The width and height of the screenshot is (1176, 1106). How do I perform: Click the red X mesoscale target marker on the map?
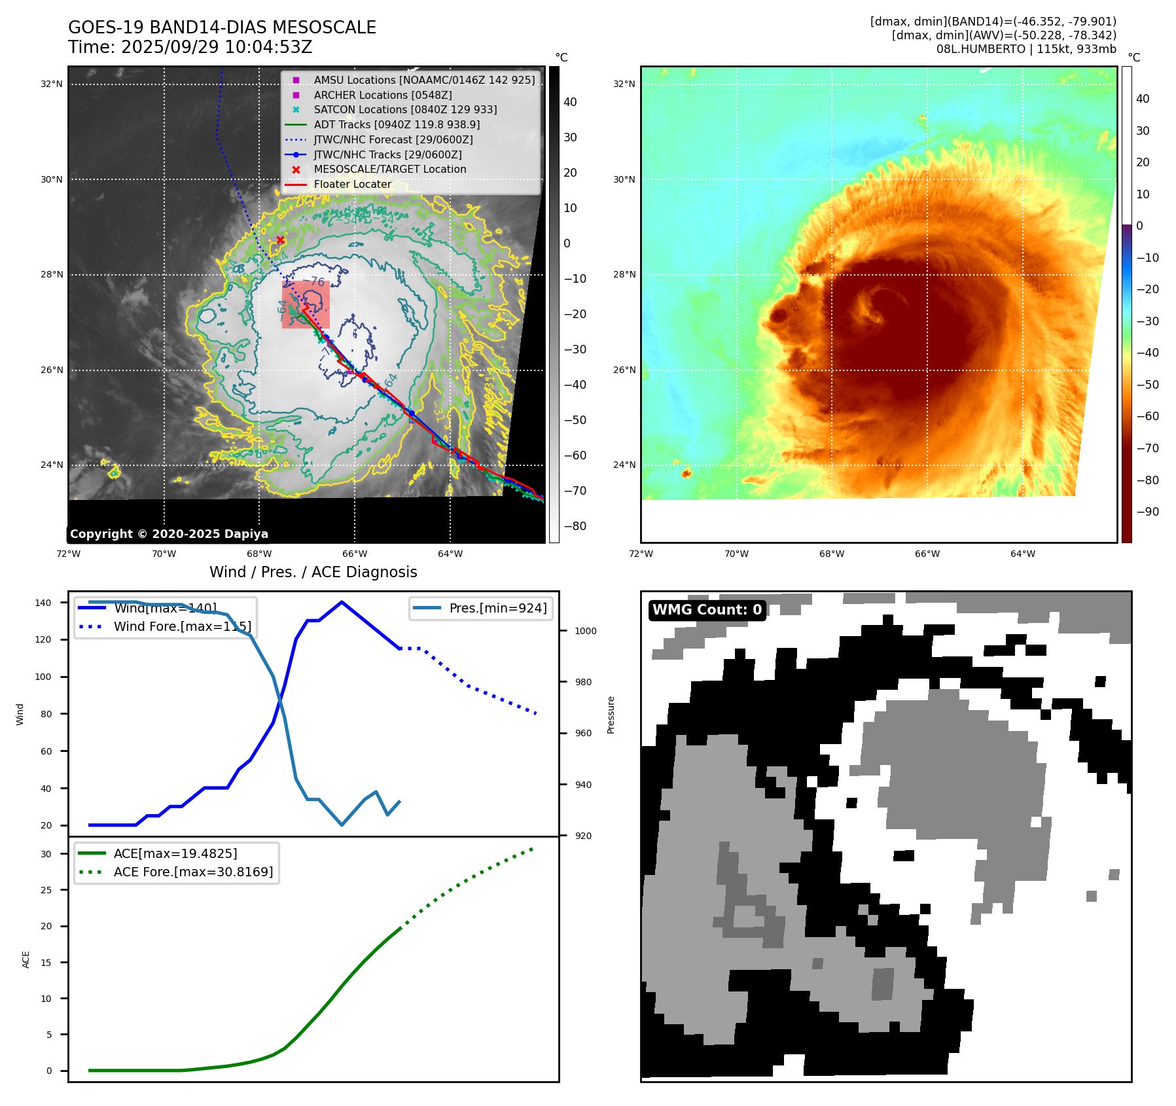(280, 240)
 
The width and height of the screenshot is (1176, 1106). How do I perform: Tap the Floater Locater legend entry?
(352, 184)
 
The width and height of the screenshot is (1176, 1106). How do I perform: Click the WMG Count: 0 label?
(707, 610)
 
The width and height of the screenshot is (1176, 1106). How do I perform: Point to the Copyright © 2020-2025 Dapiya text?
(169, 534)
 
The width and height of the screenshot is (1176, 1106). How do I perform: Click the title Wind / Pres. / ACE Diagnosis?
(313, 572)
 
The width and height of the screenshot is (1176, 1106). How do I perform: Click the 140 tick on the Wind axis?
(43, 603)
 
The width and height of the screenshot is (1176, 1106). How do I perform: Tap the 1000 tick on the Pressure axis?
(586, 631)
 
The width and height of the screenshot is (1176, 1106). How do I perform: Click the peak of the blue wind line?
(342, 602)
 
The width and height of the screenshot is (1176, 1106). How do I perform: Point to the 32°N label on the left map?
(52, 84)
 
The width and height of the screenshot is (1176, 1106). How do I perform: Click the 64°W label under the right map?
(1023, 554)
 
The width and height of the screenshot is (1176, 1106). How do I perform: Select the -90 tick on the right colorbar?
(1147, 512)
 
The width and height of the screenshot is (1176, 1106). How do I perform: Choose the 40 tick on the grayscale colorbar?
(570, 102)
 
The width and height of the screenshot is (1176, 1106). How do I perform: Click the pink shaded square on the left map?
(306, 305)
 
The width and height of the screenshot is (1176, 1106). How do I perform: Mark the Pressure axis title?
(611, 715)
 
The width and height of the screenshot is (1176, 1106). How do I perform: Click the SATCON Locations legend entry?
(405, 109)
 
